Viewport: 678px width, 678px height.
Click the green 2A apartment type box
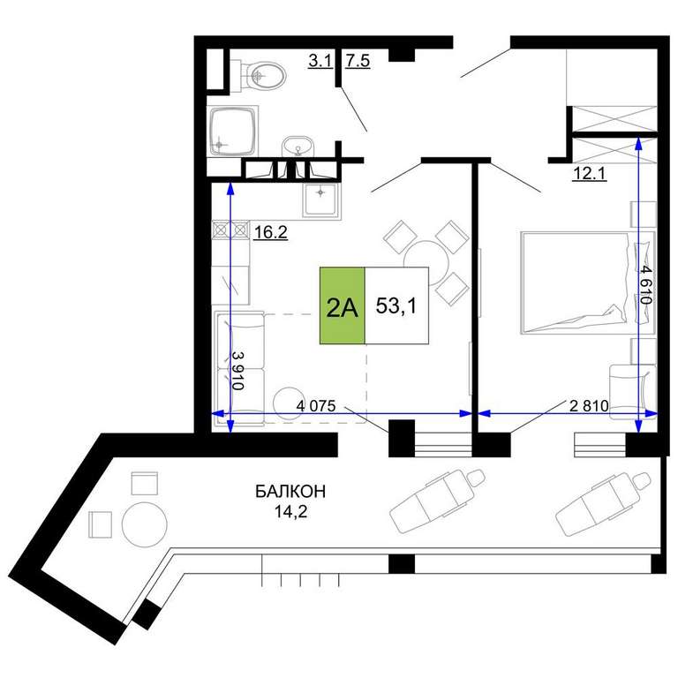click(342, 305)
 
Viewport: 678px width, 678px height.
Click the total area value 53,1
click(396, 305)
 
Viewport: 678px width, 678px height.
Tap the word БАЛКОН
click(290, 492)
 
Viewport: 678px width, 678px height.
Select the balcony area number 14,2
click(290, 511)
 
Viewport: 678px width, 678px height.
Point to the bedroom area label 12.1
click(590, 173)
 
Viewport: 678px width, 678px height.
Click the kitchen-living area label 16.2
click(270, 232)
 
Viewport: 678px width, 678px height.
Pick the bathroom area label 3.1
click(320, 61)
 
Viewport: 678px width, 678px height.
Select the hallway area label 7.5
click(358, 61)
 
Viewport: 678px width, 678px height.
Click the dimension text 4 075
click(316, 405)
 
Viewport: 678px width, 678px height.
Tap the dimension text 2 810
click(589, 405)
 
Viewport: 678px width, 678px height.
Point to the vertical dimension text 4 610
click(646, 285)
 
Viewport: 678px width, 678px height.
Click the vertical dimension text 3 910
click(237, 370)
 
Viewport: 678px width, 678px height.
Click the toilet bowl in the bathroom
click(263, 76)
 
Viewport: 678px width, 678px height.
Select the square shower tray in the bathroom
click(232, 131)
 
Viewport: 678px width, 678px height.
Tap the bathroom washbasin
click(298, 147)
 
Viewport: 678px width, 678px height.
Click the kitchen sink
click(320, 200)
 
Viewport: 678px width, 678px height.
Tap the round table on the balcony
click(145, 525)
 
